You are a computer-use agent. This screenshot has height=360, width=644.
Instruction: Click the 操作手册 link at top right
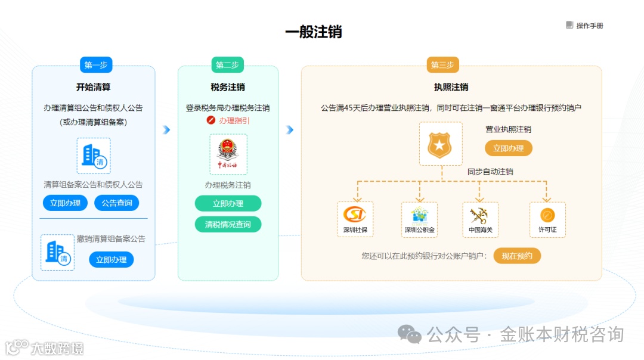coord(585,26)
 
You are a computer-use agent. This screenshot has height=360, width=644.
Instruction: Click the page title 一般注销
coord(314,32)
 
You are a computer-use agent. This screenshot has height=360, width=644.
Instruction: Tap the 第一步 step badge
coord(96,65)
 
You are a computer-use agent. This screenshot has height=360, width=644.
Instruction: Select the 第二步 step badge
coord(228,65)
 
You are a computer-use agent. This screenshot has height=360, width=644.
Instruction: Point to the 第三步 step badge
coord(442,65)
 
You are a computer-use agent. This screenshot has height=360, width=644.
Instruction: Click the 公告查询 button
coord(117,203)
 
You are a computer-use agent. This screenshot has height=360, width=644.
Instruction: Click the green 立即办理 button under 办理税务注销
coord(228,204)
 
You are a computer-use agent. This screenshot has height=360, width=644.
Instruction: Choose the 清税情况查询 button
coord(228,225)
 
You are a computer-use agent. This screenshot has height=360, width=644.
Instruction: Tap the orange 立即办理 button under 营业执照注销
coord(508,148)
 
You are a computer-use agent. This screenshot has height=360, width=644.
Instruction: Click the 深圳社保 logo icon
coord(355,214)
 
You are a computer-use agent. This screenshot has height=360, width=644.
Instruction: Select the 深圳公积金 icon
coord(419,215)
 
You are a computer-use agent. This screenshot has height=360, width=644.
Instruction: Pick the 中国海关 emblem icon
coord(479,215)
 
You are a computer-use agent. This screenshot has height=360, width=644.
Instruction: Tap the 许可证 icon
coord(547,215)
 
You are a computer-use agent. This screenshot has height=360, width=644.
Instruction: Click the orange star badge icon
coord(441,144)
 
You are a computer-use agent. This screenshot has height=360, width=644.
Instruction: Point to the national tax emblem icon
coord(228,154)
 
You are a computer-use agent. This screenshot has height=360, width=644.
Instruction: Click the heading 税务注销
coord(228,88)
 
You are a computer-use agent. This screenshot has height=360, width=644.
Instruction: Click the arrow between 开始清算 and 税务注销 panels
coord(166,130)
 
